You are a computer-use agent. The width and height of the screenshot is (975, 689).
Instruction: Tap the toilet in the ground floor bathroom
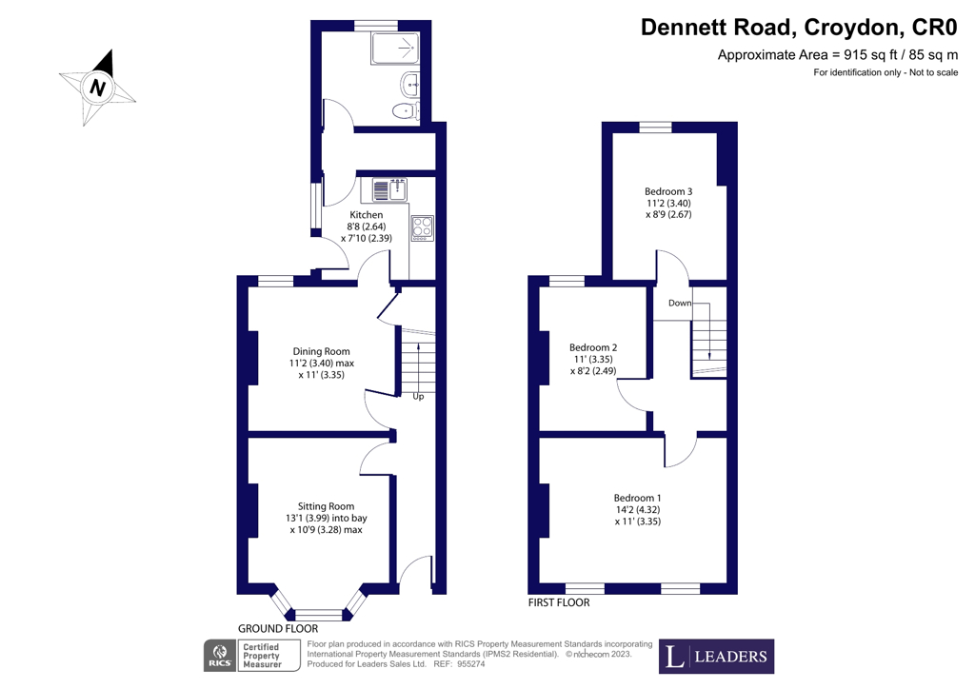(x=406, y=112)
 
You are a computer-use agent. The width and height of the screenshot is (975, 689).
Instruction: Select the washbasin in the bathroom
(x=409, y=83)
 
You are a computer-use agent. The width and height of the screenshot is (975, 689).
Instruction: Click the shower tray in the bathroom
(x=394, y=47)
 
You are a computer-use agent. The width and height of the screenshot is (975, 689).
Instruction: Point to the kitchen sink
(x=389, y=189)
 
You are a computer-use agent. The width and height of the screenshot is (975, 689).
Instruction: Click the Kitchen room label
(x=366, y=215)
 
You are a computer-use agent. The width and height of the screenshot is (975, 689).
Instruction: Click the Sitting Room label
(x=326, y=505)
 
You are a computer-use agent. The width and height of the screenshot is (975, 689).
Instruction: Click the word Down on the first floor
(x=679, y=303)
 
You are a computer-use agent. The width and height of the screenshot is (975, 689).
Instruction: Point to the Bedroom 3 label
(x=668, y=191)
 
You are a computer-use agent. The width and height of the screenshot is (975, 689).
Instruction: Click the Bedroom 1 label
(x=637, y=498)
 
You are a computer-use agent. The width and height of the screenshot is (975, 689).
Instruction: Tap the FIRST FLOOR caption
(x=559, y=602)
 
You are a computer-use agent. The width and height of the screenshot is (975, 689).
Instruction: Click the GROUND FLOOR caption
(x=277, y=629)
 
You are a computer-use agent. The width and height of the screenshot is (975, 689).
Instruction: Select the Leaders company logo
(x=717, y=657)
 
